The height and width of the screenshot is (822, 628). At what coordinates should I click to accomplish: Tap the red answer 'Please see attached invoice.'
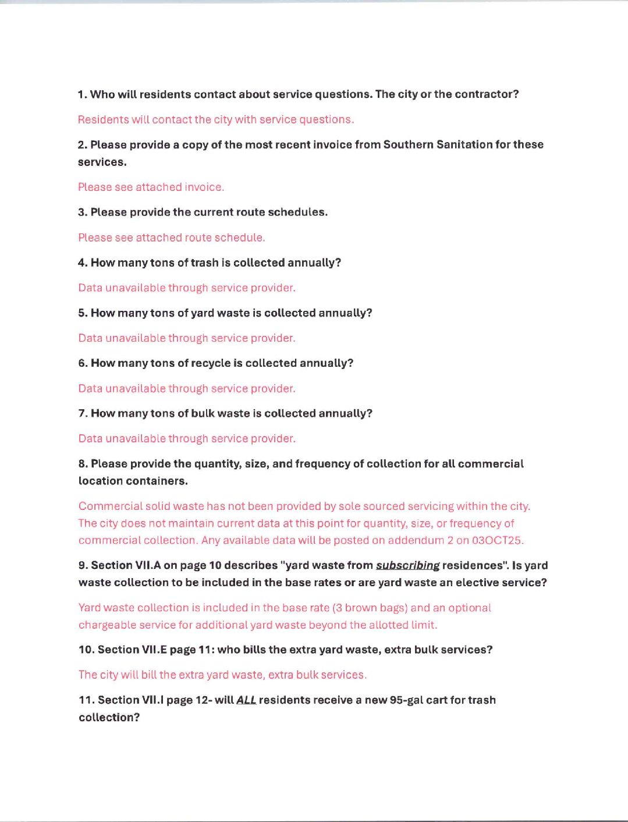(x=151, y=187)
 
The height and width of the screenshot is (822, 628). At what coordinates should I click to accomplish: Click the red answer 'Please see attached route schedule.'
(x=171, y=238)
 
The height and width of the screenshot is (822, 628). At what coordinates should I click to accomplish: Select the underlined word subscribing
(x=407, y=565)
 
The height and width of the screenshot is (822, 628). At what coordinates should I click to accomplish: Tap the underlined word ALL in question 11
(x=246, y=700)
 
